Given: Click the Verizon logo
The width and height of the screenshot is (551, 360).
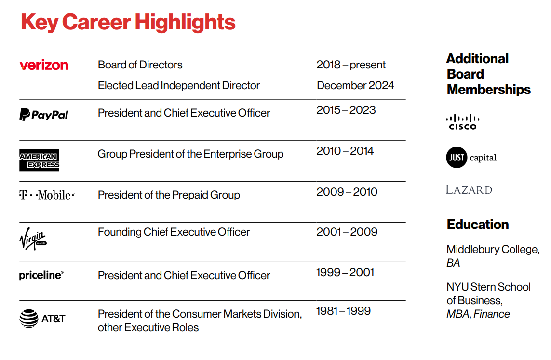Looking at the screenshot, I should click(x=44, y=65).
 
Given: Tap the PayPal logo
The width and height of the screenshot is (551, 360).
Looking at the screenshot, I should click(x=44, y=115).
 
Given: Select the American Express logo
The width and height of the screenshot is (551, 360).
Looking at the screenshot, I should click(x=40, y=160).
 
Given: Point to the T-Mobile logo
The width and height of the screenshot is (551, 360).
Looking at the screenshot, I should click(x=47, y=195).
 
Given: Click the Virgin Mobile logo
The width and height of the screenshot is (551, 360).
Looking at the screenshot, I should click(x=33, y=239).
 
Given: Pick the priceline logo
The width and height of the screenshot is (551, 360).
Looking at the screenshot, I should click(x=41, y=275).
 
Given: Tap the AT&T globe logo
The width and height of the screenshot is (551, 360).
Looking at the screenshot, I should click(x=28, y=319).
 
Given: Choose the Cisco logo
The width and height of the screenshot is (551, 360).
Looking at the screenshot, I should click(x=462, y=122).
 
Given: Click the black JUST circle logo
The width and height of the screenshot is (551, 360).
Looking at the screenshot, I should click(x=456, y=158).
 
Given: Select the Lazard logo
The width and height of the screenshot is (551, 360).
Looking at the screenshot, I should click(x=469, y=189).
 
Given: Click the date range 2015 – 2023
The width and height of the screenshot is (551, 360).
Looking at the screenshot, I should click(x=346, y=110).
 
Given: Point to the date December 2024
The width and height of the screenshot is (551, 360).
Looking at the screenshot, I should click(x=355, y=86).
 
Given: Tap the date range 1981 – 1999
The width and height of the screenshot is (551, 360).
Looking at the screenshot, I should click(x=343, y=311).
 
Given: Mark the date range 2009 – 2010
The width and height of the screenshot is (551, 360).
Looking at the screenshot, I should click(x=347, y=192).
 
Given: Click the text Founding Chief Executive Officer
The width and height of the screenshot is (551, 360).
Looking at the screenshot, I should click(x=174, y=232).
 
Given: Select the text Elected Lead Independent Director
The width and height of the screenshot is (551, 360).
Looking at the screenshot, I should click(x=179, y=86).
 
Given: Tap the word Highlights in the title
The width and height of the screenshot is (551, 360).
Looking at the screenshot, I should click(x=185, y=22).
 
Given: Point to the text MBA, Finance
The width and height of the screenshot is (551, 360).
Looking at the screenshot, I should click(x=478, y=314).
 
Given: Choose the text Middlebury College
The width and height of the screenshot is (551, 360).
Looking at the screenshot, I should click(x=492, y=250).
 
